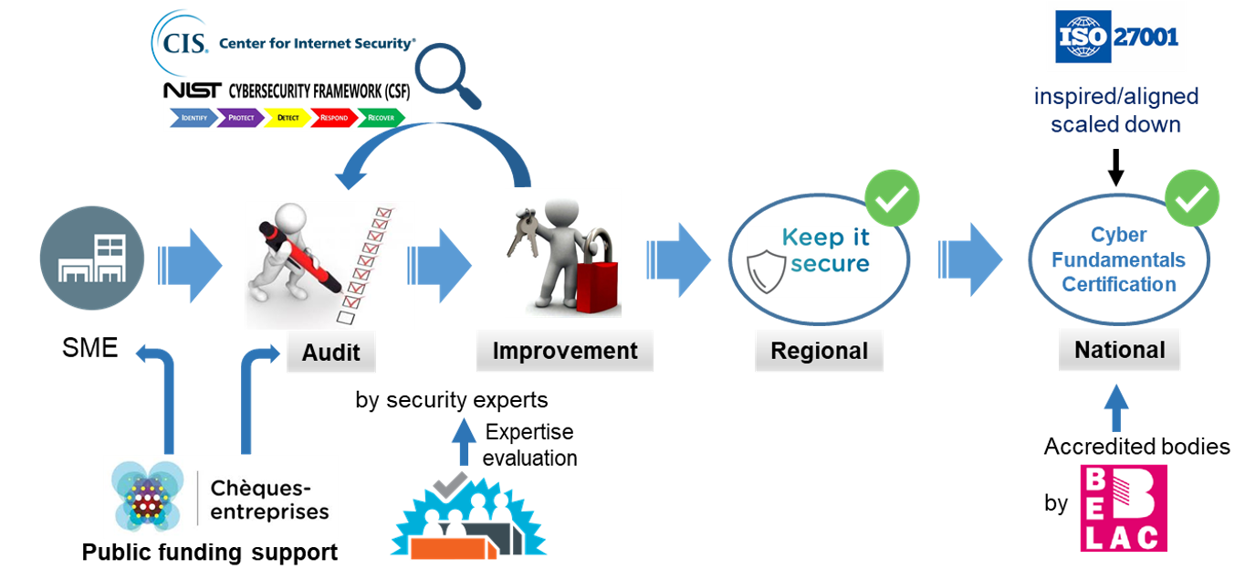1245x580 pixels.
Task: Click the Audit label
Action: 330,353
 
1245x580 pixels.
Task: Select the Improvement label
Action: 564,351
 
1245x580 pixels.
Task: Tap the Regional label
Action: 819,352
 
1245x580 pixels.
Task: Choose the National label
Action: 1119,350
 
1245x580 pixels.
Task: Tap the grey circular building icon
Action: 92,258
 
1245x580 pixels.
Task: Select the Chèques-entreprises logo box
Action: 220,497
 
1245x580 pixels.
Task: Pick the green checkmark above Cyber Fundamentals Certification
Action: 1192,198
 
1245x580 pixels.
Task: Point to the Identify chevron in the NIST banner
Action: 194,118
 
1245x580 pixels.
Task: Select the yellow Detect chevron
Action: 288,118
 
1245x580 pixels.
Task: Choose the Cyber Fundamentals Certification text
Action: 1118,259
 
